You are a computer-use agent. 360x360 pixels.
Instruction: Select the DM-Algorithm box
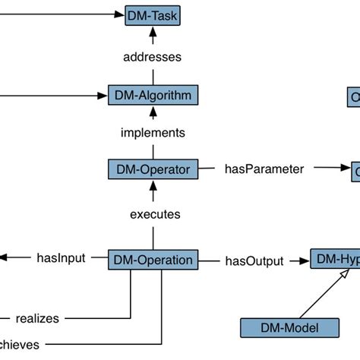pos(153,96)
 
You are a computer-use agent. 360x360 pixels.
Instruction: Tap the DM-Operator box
pos(153,169)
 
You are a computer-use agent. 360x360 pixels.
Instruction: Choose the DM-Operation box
pos(153,260)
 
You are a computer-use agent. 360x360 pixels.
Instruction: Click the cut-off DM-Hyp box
pos(335,260)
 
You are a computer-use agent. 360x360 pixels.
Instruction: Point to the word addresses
pos(153,56)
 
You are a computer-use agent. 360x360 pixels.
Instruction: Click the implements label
pos(153,133)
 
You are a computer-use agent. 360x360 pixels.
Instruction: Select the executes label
pos(154,215)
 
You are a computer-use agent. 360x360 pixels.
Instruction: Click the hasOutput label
pos(254,261)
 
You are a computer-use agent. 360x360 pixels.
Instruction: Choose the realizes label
pos(37,318)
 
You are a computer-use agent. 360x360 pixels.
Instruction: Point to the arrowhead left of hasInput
pos(4,258)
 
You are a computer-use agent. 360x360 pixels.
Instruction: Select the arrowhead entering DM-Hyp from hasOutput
pos(305,260)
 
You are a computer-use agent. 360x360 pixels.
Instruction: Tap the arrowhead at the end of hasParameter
pos(344,169)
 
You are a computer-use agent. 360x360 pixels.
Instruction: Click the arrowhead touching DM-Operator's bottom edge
pos(154,185)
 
